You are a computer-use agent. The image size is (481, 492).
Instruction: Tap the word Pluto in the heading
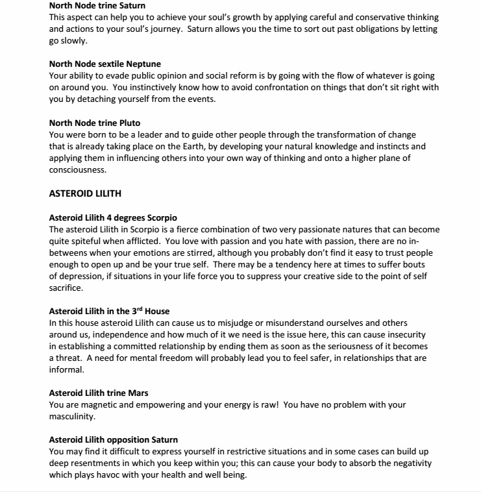point(128,123)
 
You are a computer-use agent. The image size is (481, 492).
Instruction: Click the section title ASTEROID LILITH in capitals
point(85,193)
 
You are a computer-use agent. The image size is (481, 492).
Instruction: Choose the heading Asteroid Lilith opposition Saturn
point(114,439)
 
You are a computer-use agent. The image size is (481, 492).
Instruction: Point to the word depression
point(80,277)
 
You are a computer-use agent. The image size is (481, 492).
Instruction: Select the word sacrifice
point(68,288)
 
